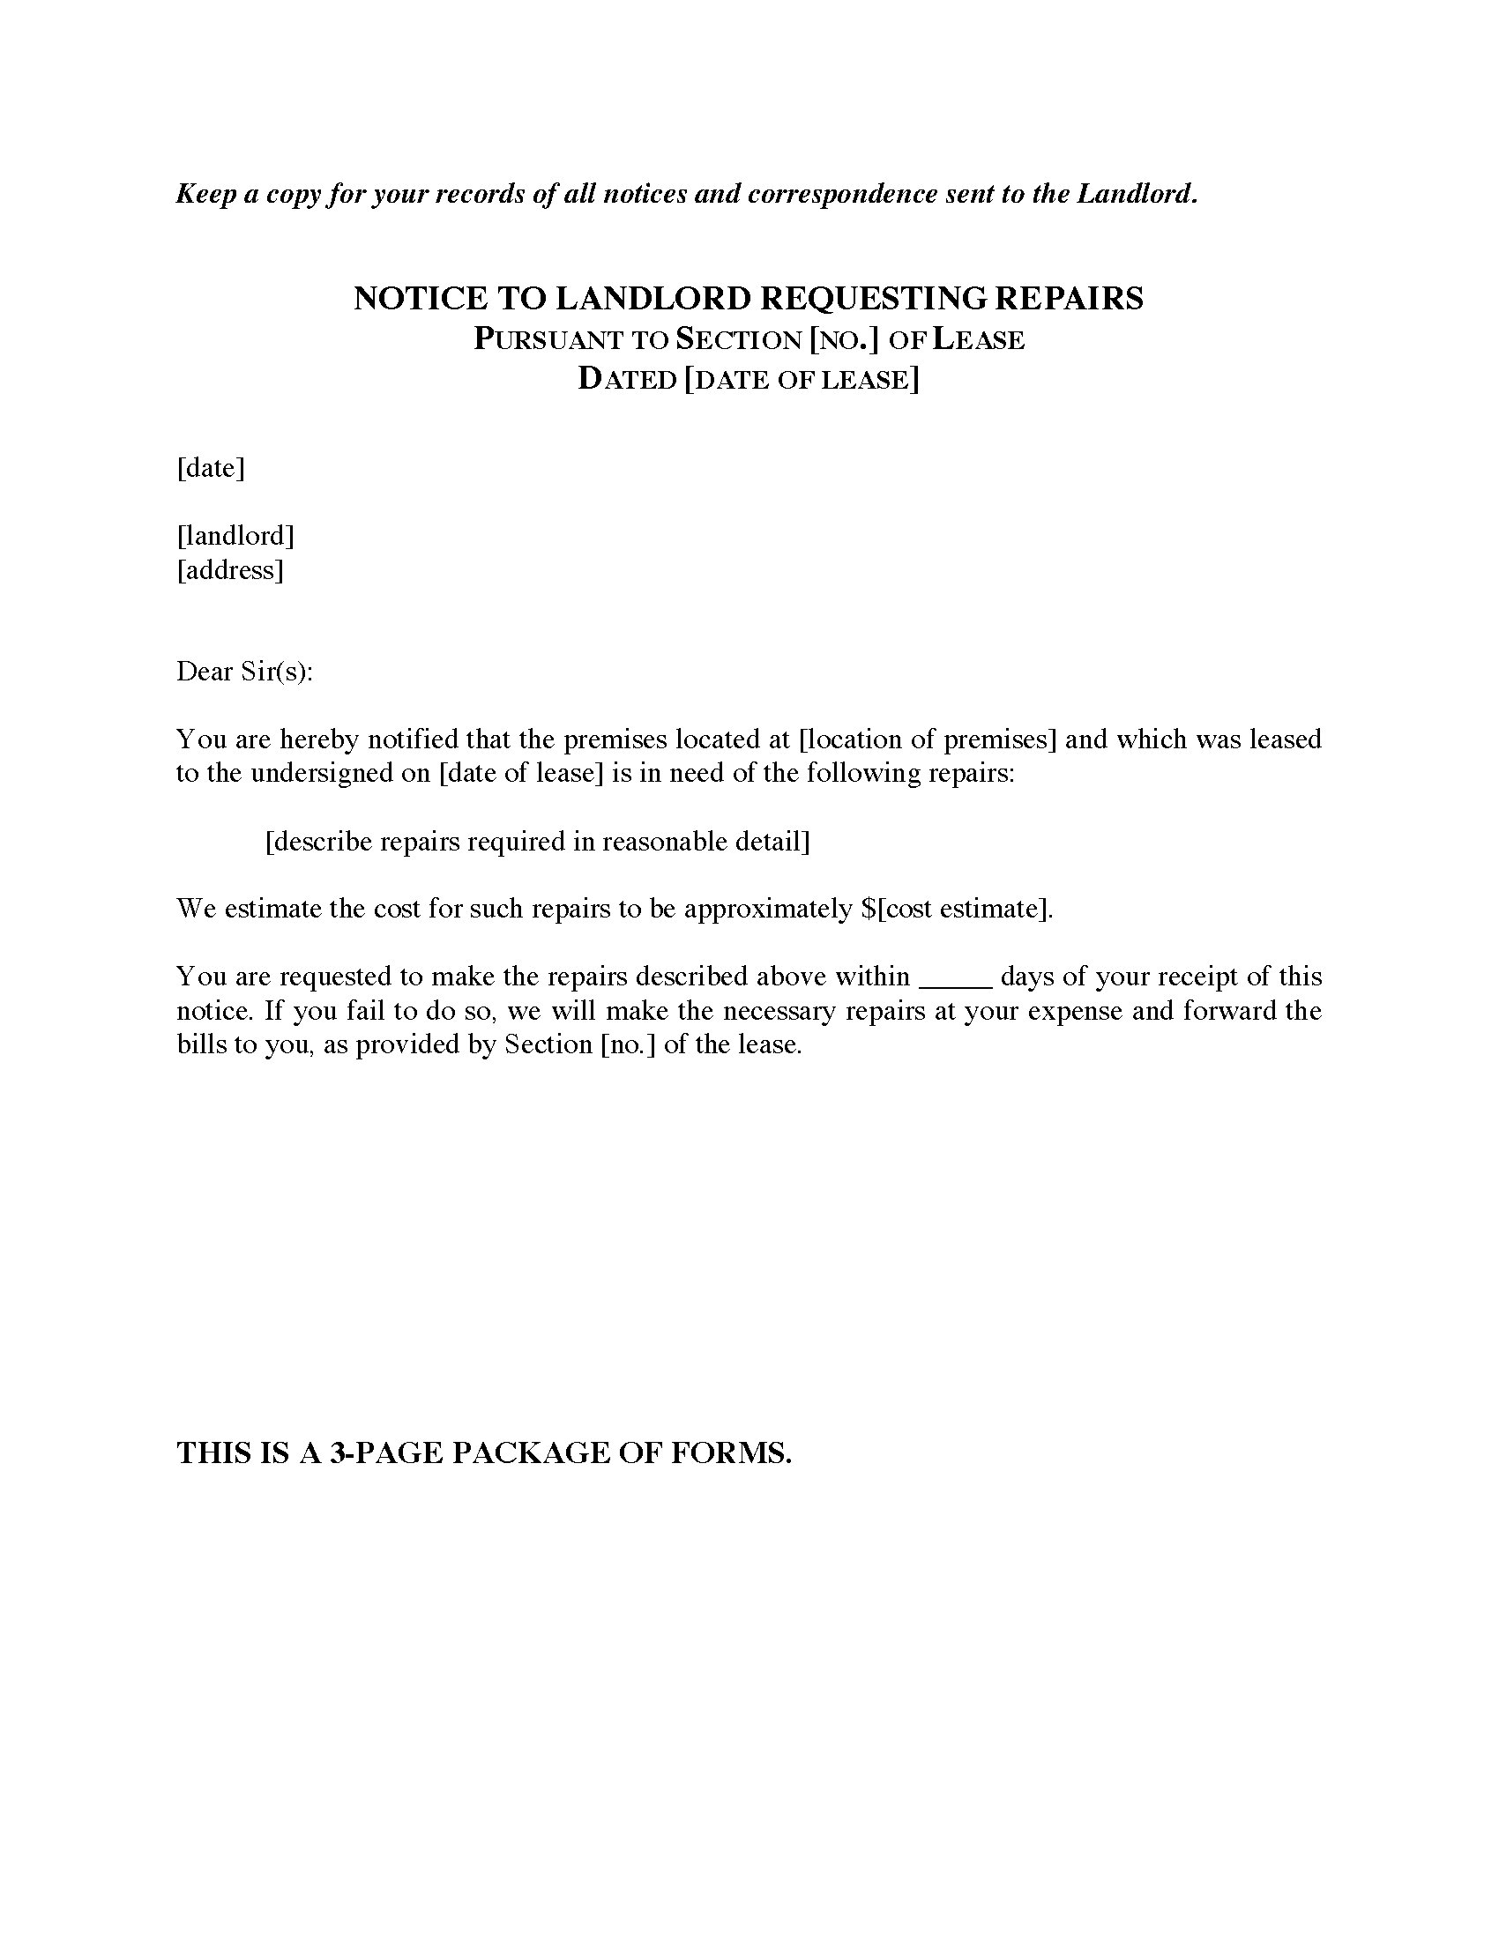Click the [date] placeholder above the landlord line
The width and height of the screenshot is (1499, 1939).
tap(211, 468)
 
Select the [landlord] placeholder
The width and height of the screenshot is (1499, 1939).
tap(235, 535)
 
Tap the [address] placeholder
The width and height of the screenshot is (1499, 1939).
tap(230, 569)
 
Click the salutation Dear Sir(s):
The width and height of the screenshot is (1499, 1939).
tap(245, 672)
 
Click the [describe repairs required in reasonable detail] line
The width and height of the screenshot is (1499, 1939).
tap(537, 841)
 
